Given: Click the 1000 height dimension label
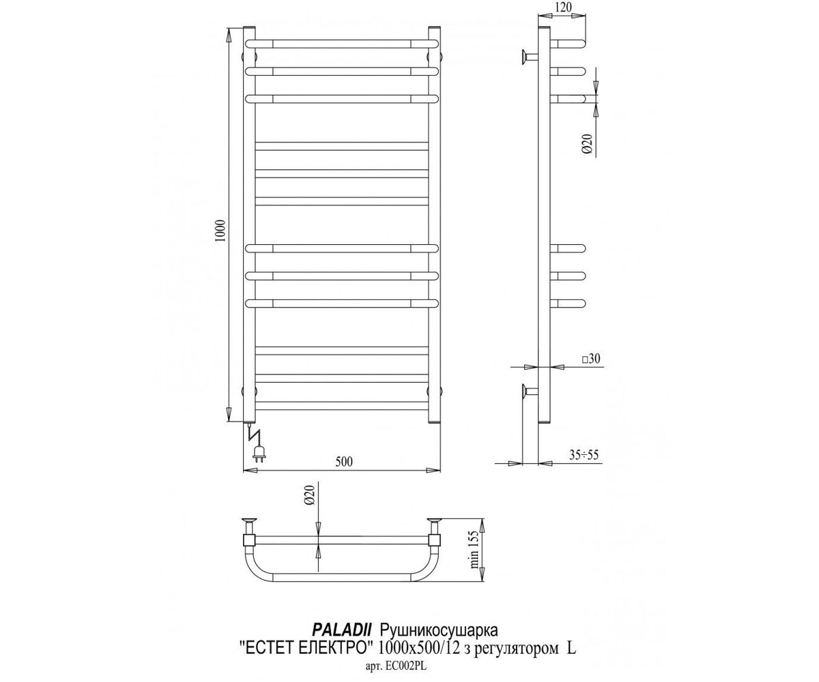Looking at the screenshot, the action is tap(221, 231).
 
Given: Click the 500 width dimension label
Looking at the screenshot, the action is tap(344, 462).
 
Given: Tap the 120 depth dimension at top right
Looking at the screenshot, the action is tap(564, 7).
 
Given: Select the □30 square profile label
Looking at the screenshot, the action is tap(592, 359).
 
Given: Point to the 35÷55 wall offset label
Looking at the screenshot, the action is tap(584, 455).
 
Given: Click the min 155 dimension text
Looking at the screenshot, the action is tap(475, 550).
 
